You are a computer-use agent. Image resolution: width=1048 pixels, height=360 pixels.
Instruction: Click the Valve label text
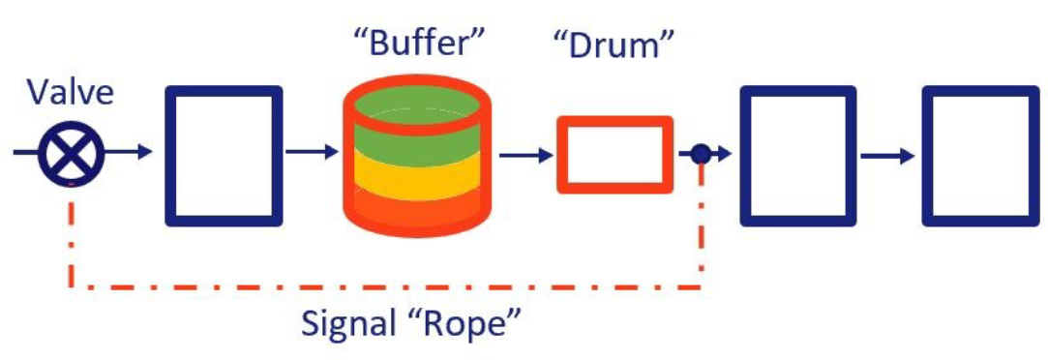click(71, 95)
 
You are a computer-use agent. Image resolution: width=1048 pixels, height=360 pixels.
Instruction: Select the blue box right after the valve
click(224, 155)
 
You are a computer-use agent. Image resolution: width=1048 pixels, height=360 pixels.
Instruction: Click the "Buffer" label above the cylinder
click(418, 43)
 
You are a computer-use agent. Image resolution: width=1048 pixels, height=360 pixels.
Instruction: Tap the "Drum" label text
click(613, 45)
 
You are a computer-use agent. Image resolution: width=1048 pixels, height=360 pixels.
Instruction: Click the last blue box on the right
click(980, 155)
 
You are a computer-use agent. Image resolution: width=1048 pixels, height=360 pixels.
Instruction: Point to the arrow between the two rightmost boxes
click(888, 155)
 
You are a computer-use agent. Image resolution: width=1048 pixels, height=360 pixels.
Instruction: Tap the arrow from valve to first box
click(131, 152)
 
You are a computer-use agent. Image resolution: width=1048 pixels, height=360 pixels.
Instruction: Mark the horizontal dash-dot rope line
click(387, 286)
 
